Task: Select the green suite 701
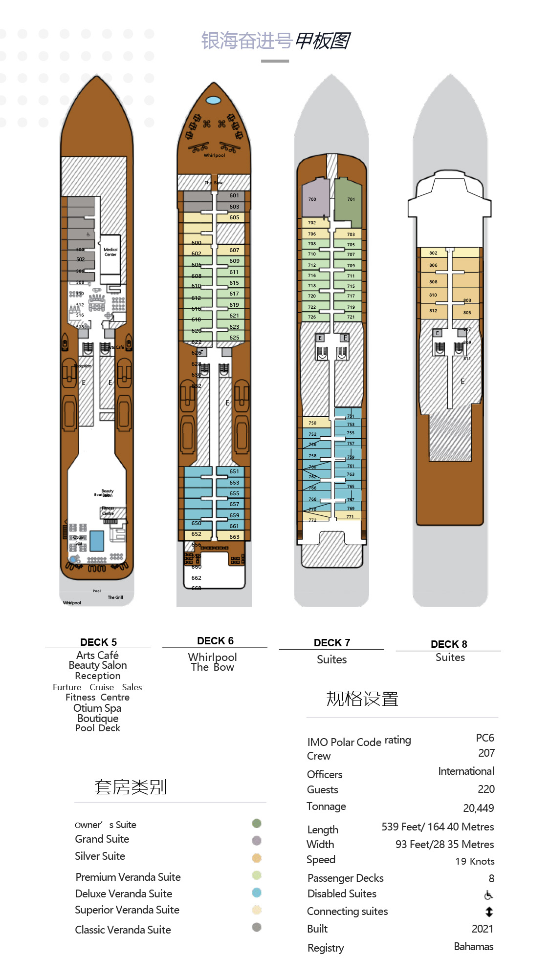click(349, 199)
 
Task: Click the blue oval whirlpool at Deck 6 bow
click(214, 100)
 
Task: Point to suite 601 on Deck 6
click(234, 195)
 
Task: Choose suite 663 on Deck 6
click(234, 536)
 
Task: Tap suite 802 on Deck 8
click(434, 253)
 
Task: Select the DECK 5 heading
click(98, 642)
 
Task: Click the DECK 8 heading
click(449, 644)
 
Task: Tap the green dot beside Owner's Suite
click(257, 824)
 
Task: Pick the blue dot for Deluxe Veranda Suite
click(257, 892)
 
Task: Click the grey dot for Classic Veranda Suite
click(257, 927)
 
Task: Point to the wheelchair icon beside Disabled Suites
click(488, 895)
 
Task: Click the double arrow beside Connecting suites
click(489, 912)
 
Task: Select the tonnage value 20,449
click(478, 808)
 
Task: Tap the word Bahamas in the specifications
click(473, 946)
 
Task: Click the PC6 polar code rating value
click(485, 738)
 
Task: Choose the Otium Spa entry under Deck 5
click(97, 708)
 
